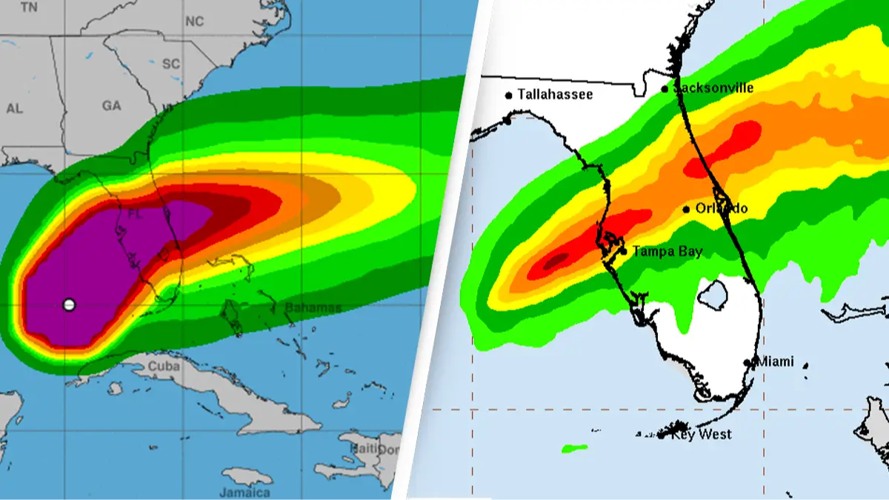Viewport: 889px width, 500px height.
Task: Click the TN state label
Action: (x=29, y=7)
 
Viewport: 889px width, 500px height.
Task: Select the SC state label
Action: (x=171, y=64)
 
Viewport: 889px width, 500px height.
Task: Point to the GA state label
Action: (x=111, y=106)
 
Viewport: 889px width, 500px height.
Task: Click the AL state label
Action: (x=14, y=108)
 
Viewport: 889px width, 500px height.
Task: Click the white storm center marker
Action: (x=69, y=304)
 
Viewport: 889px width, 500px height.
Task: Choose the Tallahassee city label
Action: (x=555, y=94)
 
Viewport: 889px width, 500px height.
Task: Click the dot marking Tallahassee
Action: (x=509, y=95)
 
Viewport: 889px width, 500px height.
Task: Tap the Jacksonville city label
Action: (x=712, y=88)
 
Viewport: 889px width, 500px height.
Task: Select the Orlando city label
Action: (x=721, y=208)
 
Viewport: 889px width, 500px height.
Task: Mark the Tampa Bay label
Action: (x=667, y=252)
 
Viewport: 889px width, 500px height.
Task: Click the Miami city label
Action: (x=774, y=362)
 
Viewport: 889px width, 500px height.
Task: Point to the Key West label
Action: (x=701, y=435)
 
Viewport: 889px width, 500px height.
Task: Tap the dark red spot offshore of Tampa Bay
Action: (x=556, y=261)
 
